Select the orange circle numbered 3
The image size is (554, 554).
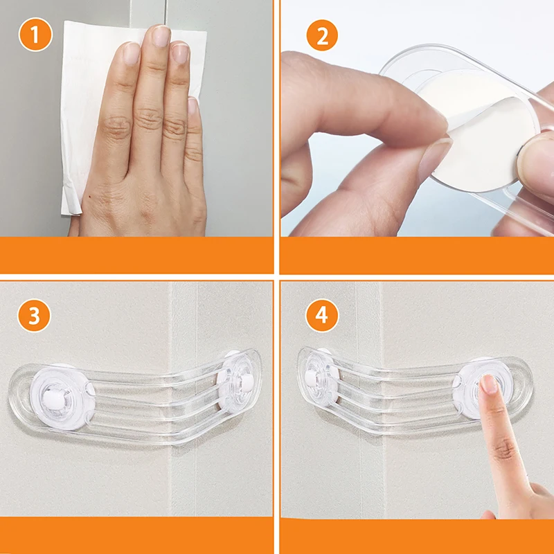[35, 316]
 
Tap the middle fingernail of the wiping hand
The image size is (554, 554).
[161, 36]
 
